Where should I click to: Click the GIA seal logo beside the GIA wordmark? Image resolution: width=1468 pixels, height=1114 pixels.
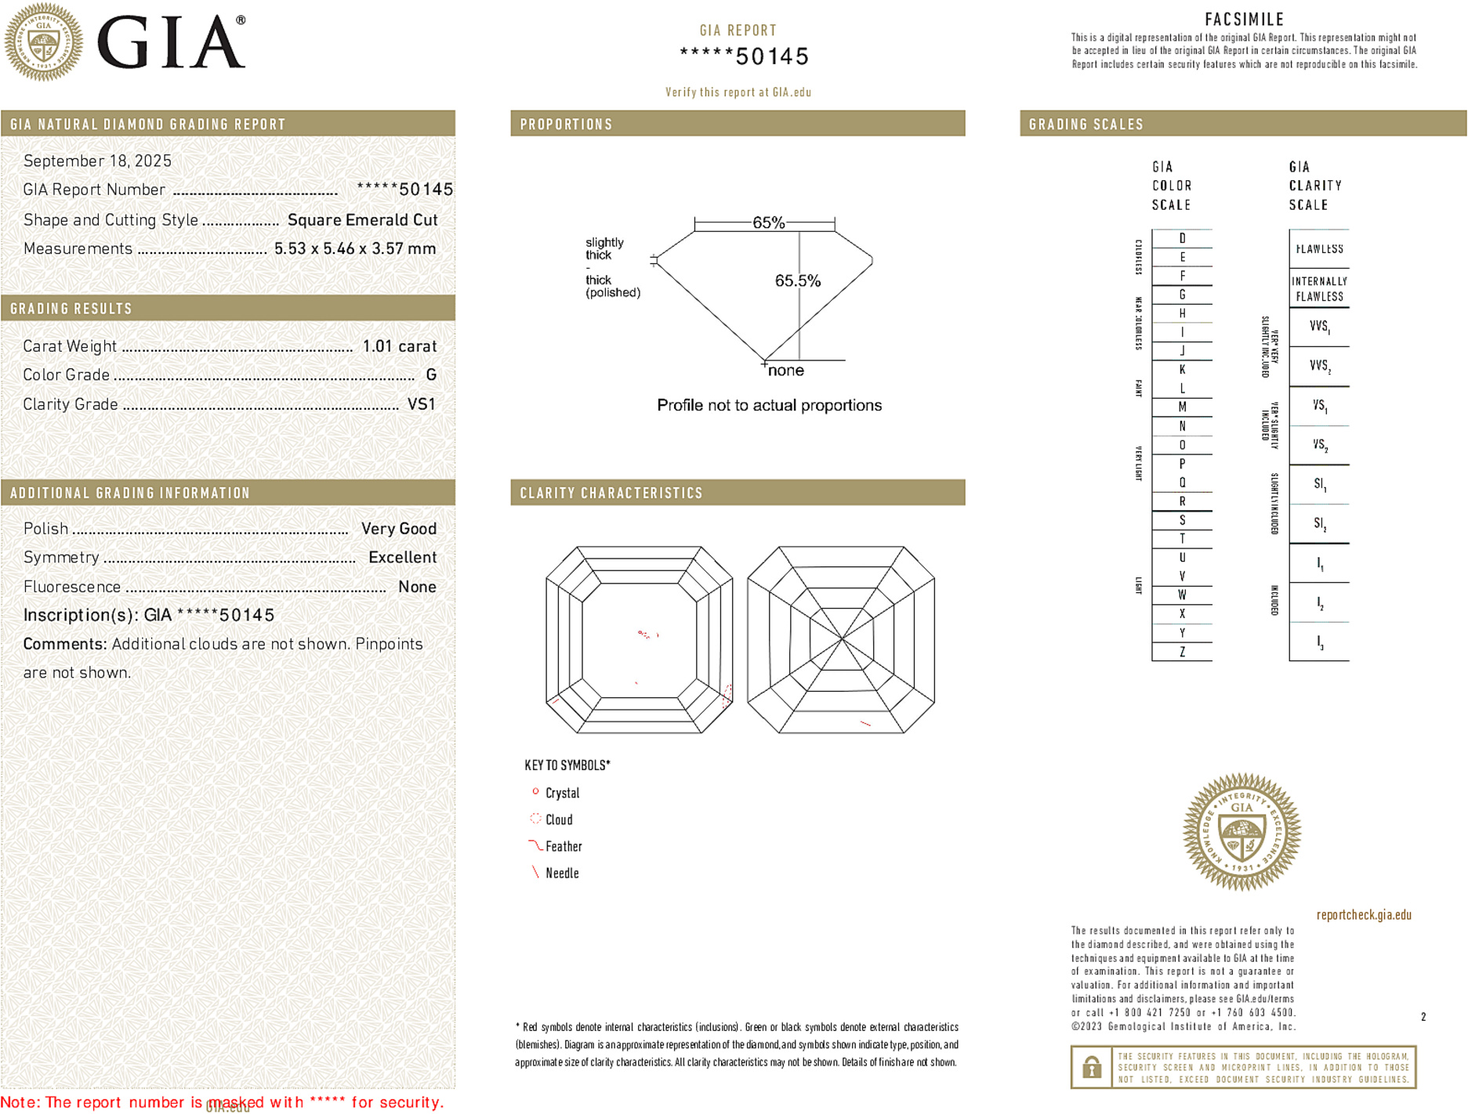[x=44, y=42]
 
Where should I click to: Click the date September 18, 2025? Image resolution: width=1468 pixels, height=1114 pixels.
[x=97, y=161]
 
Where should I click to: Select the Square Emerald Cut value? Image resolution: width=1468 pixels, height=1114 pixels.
[x=362, y=220]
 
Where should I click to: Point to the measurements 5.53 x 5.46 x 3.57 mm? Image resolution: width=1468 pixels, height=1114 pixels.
[x=354, y=249]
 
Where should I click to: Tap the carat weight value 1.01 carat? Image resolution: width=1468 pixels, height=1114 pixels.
[x=399, y=346]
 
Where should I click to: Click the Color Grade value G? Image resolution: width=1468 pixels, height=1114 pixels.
[x=431, y=375]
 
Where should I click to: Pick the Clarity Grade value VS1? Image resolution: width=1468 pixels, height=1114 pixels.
[x=421, y=404]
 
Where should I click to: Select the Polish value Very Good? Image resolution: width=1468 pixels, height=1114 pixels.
[x=398, y=529]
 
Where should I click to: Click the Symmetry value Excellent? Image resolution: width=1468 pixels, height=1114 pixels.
[x=402, y=558]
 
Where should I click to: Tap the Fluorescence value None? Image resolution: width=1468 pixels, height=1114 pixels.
[x=417, y=587]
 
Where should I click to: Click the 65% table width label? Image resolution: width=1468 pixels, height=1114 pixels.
[x=768, y=222]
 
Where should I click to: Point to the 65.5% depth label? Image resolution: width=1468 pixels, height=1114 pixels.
[x=797, y=280]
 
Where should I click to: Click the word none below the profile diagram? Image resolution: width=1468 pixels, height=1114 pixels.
[x=785, y=371]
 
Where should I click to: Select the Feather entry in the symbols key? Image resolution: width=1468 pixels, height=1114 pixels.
[x=563, y=847]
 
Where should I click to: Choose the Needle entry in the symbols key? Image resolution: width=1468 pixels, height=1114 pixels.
[x=561, y=873]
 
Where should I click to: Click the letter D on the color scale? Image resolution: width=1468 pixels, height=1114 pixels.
[x=1182, y=238]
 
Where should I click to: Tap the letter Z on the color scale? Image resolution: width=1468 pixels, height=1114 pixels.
[x=1182, y=652]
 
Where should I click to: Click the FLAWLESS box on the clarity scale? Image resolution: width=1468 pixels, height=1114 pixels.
[x=1319, y=249]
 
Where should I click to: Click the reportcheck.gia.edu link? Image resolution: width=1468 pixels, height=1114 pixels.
[x=1364, y=915]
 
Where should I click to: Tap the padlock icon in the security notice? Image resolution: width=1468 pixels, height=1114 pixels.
[x=1091, y=1067]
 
